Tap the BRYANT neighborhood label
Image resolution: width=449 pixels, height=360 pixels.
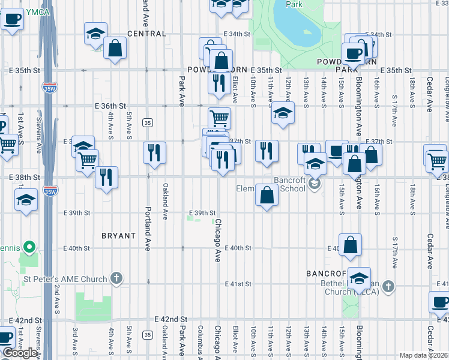[x=118, y=236]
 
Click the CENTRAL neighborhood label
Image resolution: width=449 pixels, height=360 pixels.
[x=146, y=34]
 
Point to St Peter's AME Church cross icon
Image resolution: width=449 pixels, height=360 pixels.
[x=116, y=278]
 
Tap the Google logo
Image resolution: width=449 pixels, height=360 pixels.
[x=19, y=353]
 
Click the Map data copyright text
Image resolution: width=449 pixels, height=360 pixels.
[x=423, y=355]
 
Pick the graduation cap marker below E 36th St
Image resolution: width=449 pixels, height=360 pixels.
[x=282, y=113]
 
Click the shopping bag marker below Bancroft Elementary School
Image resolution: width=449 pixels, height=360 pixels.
[x=267, y=195]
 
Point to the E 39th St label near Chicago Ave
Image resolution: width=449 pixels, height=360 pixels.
[x=203, y=213]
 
